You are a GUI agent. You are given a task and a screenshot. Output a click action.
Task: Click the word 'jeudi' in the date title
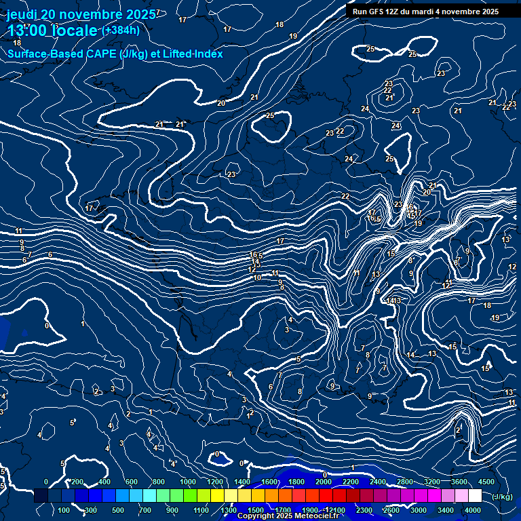(22, 14)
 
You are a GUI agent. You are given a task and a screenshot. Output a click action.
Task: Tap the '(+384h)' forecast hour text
(121, 30)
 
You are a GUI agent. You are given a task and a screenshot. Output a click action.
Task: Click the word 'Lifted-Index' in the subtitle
(192, 54)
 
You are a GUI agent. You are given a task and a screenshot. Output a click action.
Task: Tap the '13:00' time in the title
(31, 31)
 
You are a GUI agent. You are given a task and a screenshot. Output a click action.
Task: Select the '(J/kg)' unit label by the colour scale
(502, 497)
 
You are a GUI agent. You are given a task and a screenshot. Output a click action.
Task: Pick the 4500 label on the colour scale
(486, 482)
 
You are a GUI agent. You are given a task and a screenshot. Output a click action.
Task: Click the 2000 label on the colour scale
(324, 482)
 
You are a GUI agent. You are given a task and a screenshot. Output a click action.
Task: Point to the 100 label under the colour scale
(64, 510)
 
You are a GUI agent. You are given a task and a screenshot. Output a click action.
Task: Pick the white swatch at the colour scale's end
(475, 497)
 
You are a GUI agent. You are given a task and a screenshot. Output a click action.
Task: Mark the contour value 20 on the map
(221, 103)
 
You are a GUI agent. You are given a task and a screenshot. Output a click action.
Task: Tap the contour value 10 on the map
(256, 278)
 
